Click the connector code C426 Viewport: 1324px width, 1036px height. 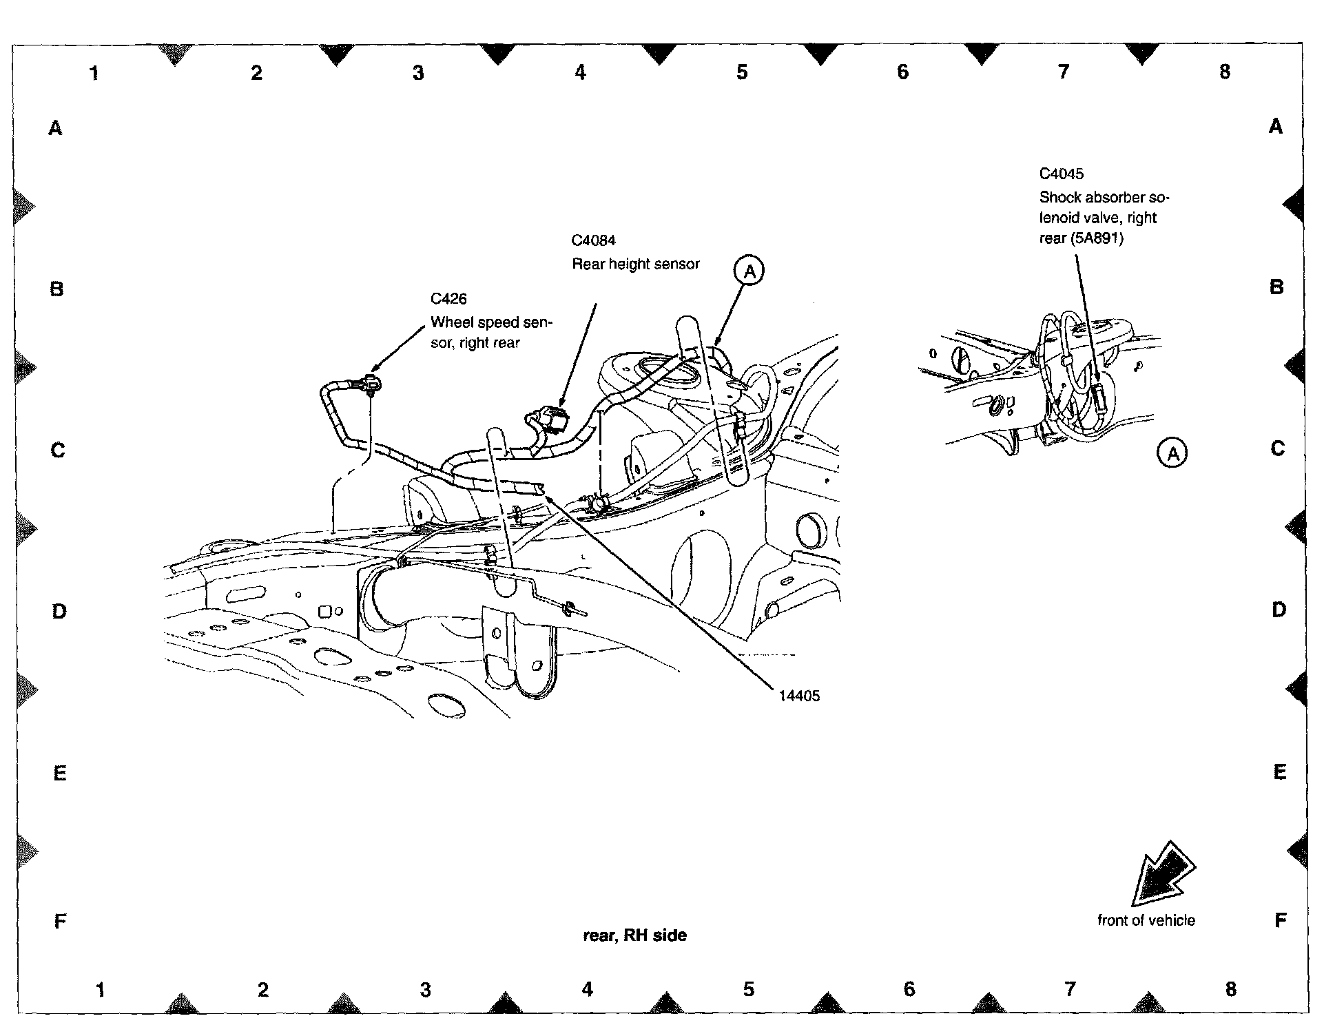(x=448, y=299)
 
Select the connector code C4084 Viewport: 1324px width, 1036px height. (x=593, y=240)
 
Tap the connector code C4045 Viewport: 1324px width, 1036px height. (x=1062, y=174)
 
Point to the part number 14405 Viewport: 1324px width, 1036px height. (x=799, y=696)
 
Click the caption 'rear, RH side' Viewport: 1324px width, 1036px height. (x=634, y=935)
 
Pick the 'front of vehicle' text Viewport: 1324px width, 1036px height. (x=1146, y=920)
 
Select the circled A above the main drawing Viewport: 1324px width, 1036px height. (x=749, y=271)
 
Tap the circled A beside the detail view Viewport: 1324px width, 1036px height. (x=1172, y=453)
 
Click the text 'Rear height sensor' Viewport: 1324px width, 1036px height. (x=636, y=264)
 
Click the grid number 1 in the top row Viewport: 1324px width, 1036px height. (x=94, y=72)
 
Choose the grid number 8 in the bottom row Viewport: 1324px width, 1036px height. (x=1231, y=989)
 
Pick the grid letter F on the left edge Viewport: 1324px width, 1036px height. (x=60, y=921)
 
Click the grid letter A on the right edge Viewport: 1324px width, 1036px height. (x=1276, y=127)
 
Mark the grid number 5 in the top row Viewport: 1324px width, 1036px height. (x=742, y=72)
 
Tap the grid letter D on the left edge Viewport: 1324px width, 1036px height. (x=60, y=611)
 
